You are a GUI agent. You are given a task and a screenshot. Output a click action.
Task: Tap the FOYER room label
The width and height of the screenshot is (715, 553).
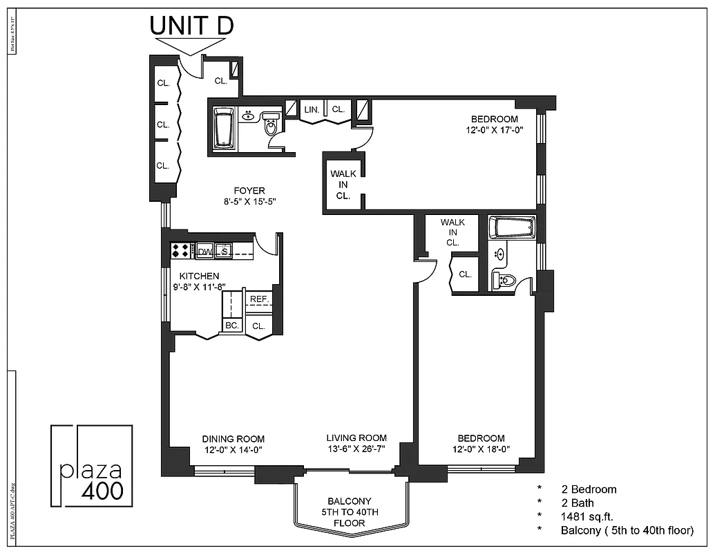click(249, 191)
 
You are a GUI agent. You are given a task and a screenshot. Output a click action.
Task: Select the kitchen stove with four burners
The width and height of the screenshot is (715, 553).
click(181, 250)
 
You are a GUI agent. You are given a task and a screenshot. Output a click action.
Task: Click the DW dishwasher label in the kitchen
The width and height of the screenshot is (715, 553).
click(204, 252)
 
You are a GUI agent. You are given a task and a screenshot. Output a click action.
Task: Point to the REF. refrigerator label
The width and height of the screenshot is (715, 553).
click(259, 299)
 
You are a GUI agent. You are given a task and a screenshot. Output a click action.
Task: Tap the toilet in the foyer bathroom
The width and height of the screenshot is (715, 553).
click(271, 126)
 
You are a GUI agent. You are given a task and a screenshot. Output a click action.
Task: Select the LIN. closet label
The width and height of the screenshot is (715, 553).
click(311, 109)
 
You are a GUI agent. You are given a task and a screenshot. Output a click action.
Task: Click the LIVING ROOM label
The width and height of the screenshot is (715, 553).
click(356, 438)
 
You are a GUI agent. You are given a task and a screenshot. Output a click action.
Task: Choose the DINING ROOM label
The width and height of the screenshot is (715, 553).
click(233, 439)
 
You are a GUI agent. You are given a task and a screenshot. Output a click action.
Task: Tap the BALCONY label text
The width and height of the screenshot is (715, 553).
click(349, 501)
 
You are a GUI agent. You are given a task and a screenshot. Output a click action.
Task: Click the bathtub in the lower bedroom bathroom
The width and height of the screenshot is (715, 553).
click(512, 227)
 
